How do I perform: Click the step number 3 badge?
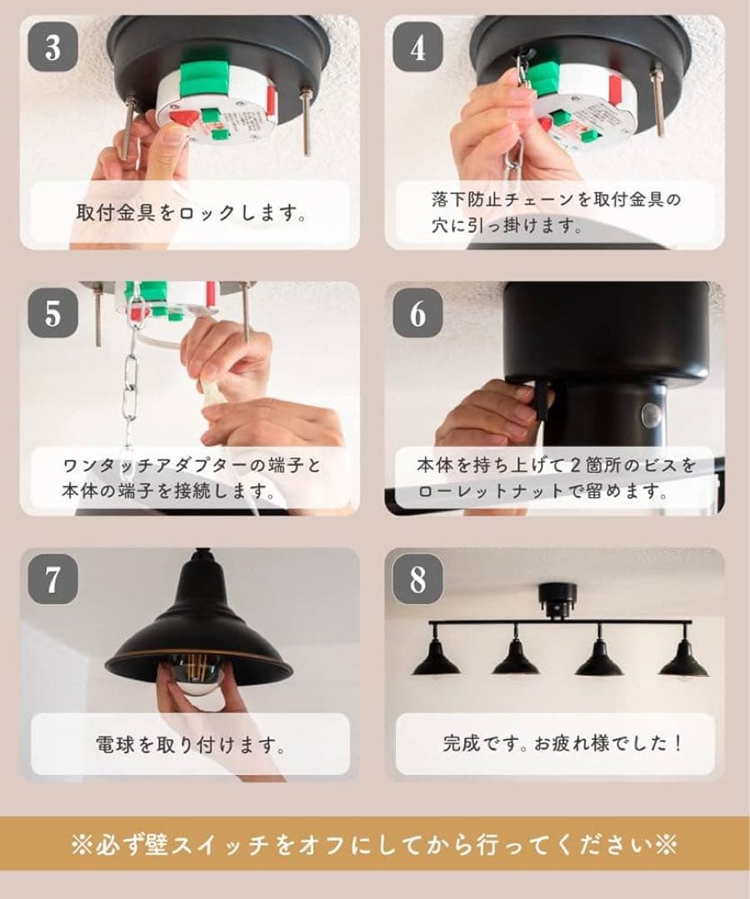point(53,47)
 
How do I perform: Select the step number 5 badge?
point(53,313)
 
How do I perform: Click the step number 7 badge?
point(53,579)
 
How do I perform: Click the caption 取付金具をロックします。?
point(191,212)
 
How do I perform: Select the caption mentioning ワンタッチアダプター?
point(191,478)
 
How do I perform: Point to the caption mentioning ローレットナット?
point(554,478)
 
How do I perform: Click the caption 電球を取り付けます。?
point(191,743)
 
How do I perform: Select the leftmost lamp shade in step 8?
point(436,662)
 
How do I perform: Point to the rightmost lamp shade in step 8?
point(683,662)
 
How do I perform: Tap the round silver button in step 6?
point(650,414)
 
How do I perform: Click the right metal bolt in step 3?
point(307,122)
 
